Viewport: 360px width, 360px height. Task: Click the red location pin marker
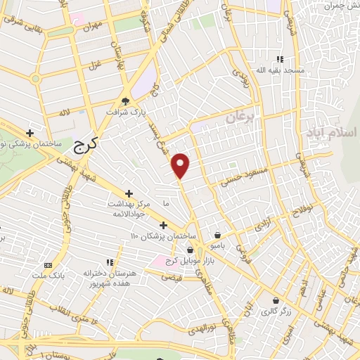181,166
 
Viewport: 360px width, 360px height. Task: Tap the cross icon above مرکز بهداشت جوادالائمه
129,193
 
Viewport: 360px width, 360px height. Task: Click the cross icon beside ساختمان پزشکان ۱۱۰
164,225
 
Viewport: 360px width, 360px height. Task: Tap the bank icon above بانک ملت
48,265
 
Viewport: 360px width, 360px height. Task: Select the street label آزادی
262,226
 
